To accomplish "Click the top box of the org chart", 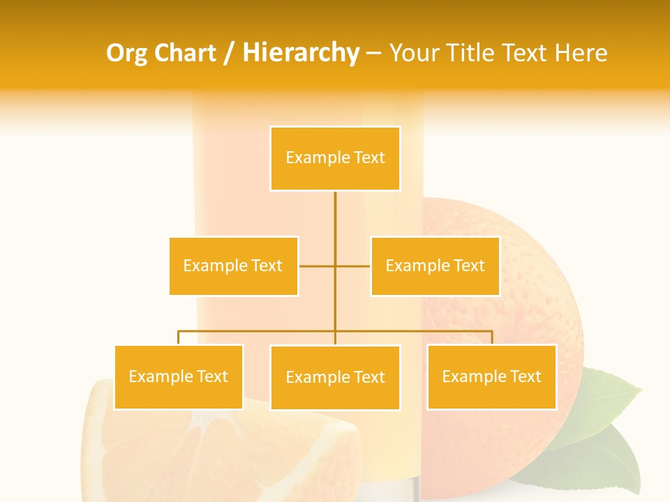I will coord(335,158).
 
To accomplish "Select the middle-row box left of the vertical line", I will coord(233,266).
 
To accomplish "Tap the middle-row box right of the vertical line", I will coord(435,266).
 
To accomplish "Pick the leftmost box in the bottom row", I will coord(179,377).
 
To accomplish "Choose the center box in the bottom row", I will coord(335,377).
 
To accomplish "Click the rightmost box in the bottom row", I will coord(491,376).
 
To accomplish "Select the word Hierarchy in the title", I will coord(300,53).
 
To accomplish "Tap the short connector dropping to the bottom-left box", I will coord(179,337).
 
